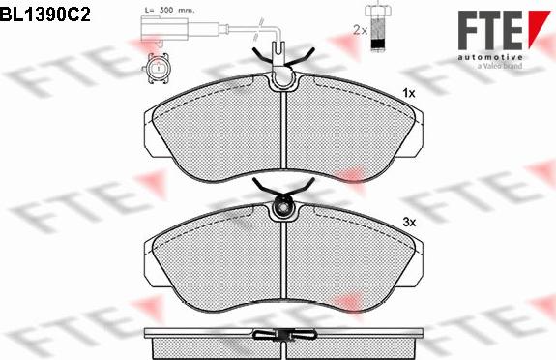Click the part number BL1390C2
(45, 15)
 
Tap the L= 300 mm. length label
(169, 10)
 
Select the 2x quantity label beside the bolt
(361, 30)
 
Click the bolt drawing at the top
(378, 27)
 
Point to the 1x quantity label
(408, 93)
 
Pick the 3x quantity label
(409, 223)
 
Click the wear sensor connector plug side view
(164, 30)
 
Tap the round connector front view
(157, 68)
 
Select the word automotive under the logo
(489, 57)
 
